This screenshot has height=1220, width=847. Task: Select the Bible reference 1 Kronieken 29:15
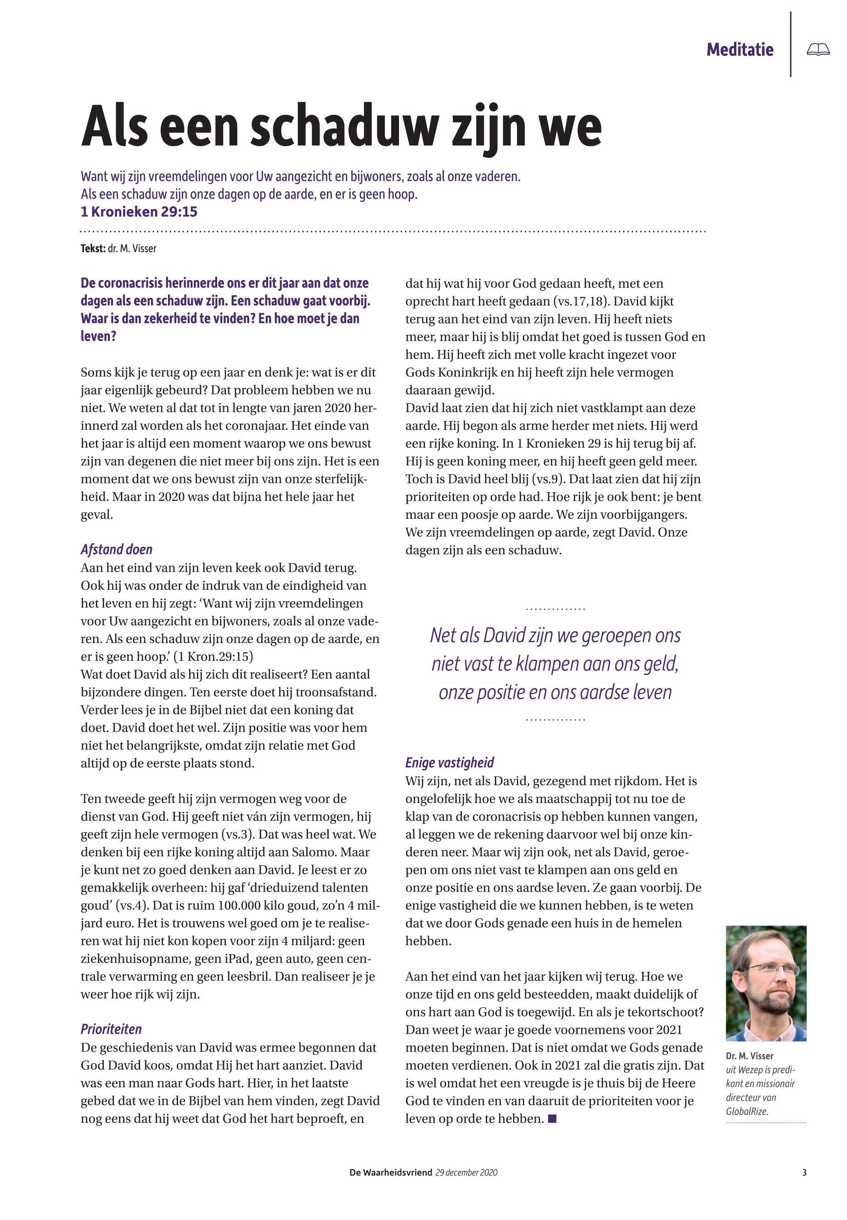tap(139, 212)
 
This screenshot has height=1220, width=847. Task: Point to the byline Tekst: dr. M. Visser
tap(118, 249)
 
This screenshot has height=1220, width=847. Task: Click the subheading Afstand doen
tap(117, 549)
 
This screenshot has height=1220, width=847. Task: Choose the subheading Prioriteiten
tap(111, 1029)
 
